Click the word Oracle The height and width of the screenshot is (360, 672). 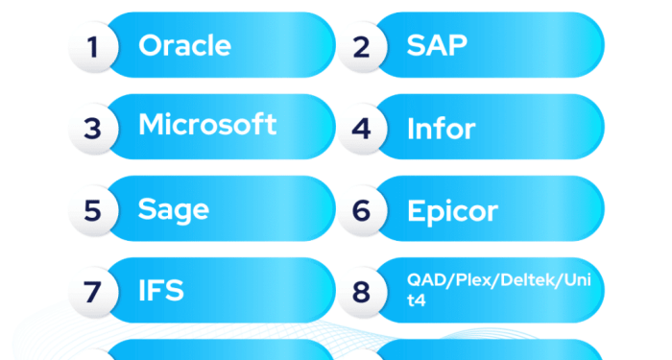[x=184, y=45]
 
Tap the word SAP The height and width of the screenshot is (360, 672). [x=437, y=45]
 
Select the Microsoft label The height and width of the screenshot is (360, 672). [x=207, y=125]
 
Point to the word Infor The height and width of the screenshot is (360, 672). [x=441, y=128]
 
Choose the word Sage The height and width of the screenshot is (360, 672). [x=174, y=209]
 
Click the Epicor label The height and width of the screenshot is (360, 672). [x=452, y=210]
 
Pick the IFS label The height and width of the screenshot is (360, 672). [x=161, y=290]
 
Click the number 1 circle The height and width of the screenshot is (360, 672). [x=92, y=46]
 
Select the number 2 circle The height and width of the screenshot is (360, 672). [x=361, y=46]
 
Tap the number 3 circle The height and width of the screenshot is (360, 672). [x=92, y=128]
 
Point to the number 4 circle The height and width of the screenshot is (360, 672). [x=361, y=128]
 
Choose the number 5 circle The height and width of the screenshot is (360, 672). [x=92, y=209]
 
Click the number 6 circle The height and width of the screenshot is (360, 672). [x=361, y=209]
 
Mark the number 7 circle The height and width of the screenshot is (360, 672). [x=92, y=291]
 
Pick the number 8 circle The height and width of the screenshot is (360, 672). [x=361, y=291]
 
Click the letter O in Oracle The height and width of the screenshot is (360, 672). [x=151, y=45]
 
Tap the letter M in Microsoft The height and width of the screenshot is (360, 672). [x=154, y=125]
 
